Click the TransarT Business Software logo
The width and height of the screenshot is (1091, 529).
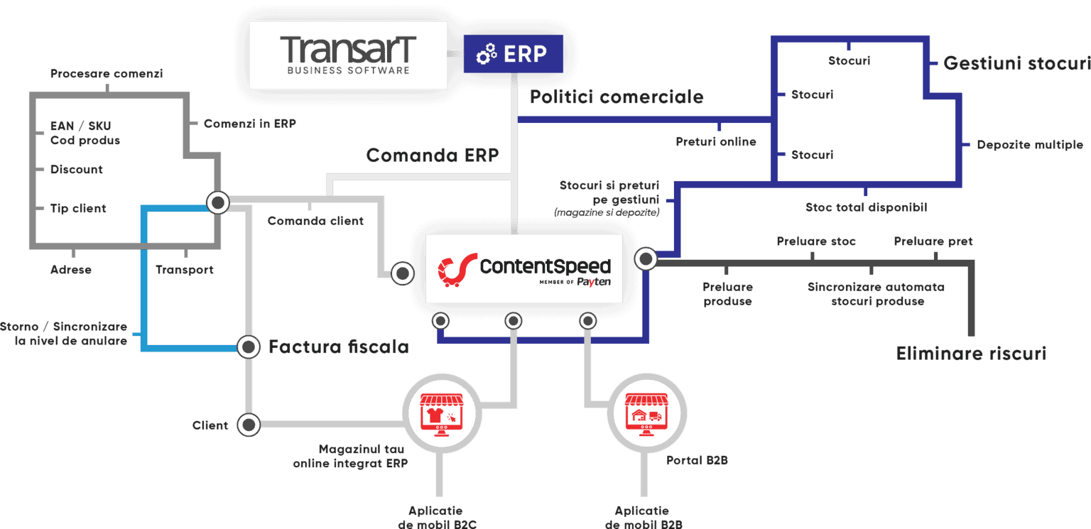[x=348, y=55]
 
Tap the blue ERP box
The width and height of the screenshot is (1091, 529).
[x=513, y=54]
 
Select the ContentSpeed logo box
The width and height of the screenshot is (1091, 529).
[x=523, y=268]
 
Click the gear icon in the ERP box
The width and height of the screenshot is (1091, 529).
[x=487, y=55]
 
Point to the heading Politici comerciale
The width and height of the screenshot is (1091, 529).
[x=616, y=97]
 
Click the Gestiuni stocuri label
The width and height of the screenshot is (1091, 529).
[x=1016, y=63]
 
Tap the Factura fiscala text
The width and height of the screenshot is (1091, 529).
[x=338, y=347]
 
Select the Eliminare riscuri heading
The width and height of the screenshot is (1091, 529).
[x=971, y=353]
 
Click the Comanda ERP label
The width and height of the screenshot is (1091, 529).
[x=432, y=155]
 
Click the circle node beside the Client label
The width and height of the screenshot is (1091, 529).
[x=249, y=425]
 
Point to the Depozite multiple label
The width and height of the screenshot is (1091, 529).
[x=1029, y=145]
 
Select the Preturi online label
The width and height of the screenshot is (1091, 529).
[x=716, y=141]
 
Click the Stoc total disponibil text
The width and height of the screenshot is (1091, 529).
[x=866, y=207]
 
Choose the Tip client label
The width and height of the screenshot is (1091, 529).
[x=77, y=208]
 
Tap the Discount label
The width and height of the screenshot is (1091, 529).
[x=77, y=170]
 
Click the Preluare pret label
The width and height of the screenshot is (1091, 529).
[x=933, y=241]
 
